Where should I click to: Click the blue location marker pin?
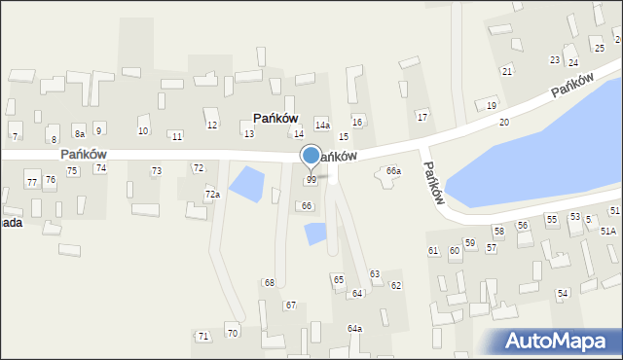click(311, 156)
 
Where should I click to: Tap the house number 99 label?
click(311, 180)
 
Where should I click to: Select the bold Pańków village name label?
click(275, 118)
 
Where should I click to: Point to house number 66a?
click(393, 171)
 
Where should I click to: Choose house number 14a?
click(322, 126)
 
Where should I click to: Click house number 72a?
click(211, 195)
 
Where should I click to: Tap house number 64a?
click(354, 329)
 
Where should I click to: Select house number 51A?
click(607, 231)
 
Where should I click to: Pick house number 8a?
click(80, 133)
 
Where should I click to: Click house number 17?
click(421, 117)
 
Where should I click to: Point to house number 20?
click(503, 122)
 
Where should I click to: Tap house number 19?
click(491, 105)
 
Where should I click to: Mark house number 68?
click(270, 282)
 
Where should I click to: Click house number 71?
click(202, 336)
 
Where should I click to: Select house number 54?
click(563, 293)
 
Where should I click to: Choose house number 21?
click(506, 72)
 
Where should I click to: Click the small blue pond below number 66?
click(315, 234)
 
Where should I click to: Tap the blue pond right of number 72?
click(245, 183)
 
